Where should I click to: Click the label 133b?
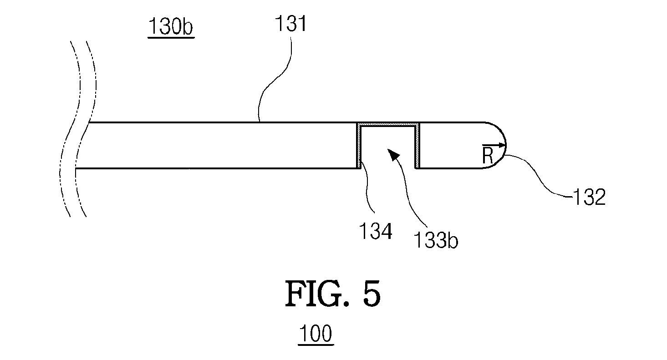[x=435, y=240]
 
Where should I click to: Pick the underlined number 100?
[x=316, y=334]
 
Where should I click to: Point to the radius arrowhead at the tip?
[x=503, y=146]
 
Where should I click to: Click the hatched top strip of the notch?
[x=388, y=124]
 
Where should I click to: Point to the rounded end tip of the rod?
[x=506, y=146]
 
